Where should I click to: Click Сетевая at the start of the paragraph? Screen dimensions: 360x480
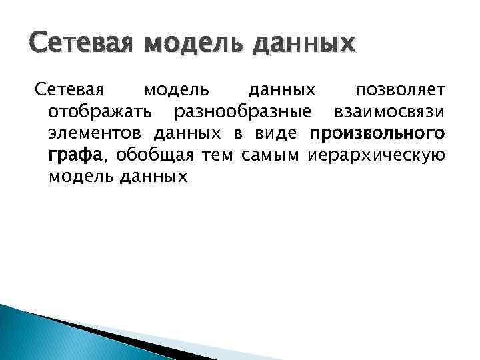click(69, 89)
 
